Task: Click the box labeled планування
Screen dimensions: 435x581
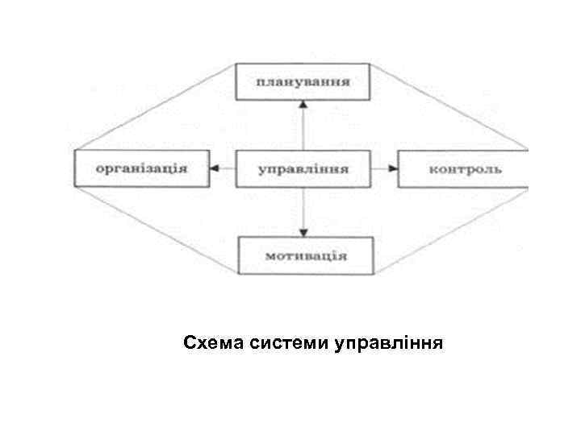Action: click(x=303, y=81)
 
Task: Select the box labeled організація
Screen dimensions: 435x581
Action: click(x=141, y=168)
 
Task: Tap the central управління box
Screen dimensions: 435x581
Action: click(x=303, y=168)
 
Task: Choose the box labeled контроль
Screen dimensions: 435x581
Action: click(x=464, y=168)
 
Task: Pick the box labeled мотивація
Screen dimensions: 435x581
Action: click(x=306, y=255)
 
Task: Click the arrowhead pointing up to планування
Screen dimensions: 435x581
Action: click(x=303, y=105)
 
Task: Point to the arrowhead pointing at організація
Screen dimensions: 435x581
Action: click(x=215, y=168)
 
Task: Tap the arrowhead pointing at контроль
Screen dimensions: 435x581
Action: click(x=392, y=168)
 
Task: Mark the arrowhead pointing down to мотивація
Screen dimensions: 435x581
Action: click(x=303, y=231)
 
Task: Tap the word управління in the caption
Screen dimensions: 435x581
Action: click(x=387, y=345)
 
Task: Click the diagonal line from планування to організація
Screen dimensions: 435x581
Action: click(x=153, y=108)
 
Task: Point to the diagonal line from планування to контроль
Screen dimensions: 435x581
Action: click(x=452, y=108)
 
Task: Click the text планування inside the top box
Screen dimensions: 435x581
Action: click(x=303, y=81)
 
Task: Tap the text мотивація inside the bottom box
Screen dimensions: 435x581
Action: click(x=306, y=256)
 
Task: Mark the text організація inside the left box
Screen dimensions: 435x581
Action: click(x=141, y=168)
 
